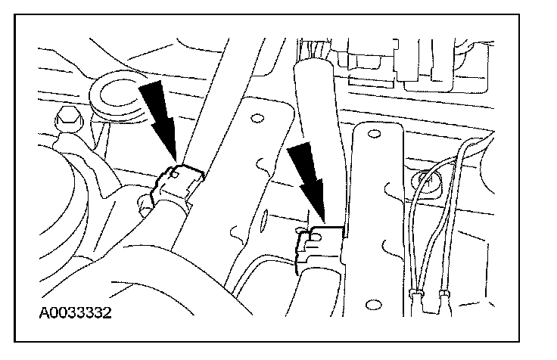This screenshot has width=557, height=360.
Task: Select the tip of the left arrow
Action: coord(176,160)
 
